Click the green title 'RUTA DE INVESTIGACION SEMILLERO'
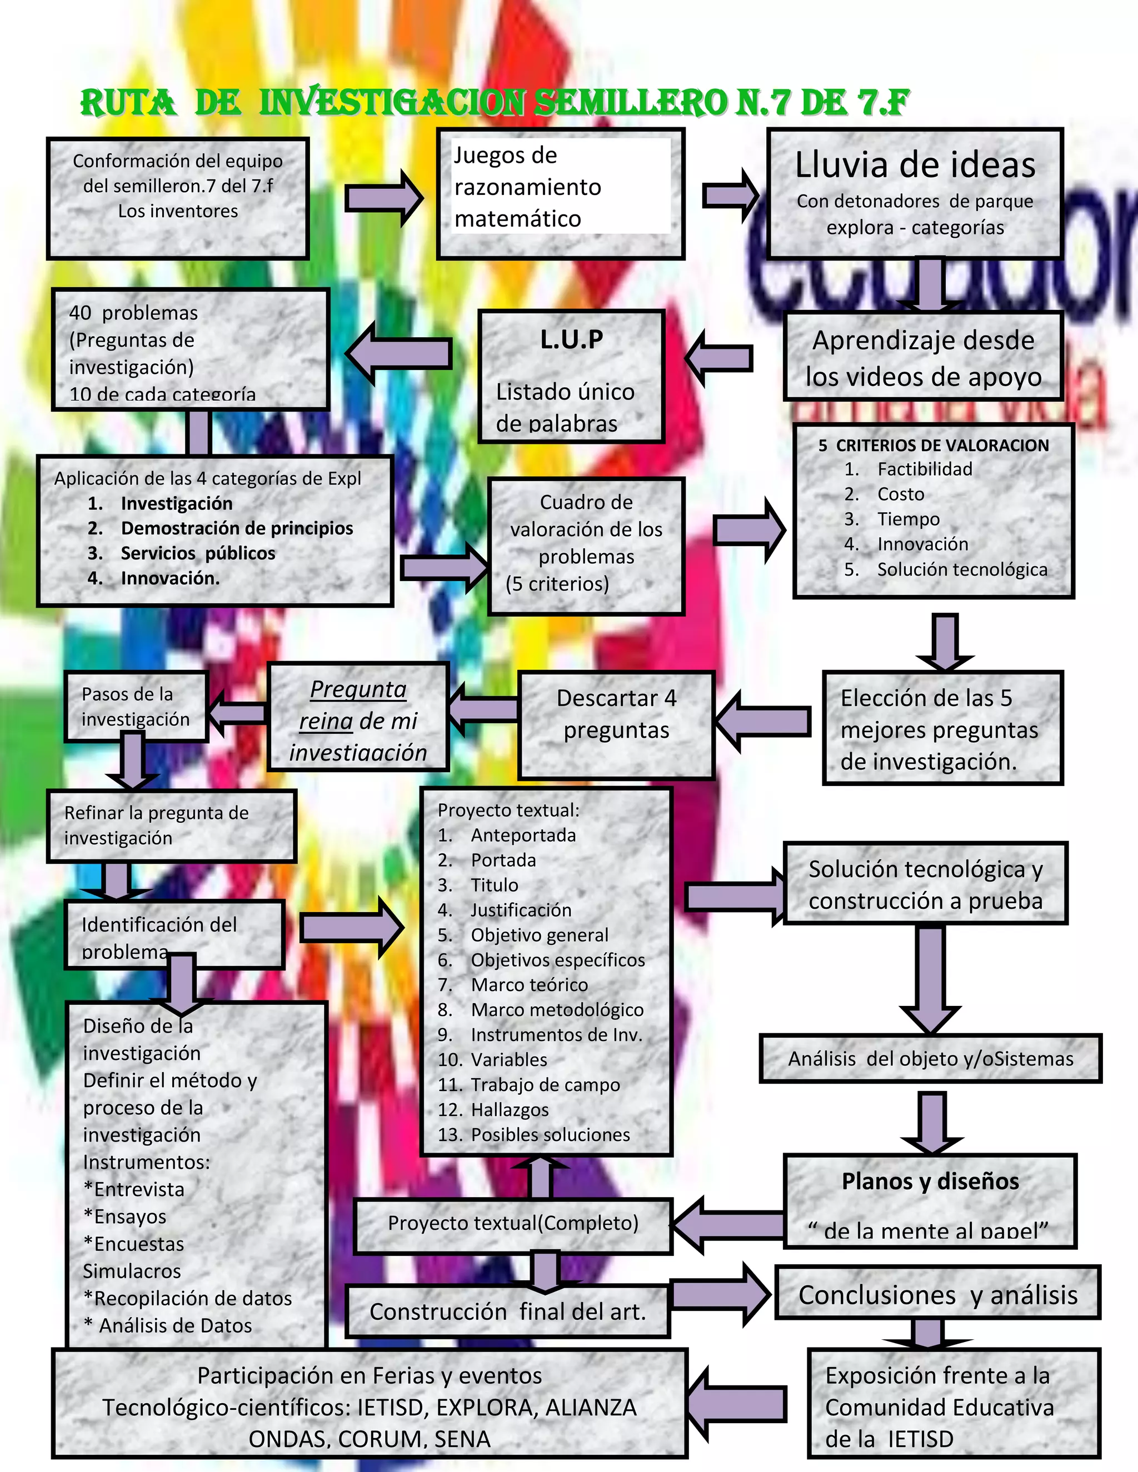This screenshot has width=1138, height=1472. (494, 103)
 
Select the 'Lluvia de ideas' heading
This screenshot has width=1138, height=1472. (915, 165)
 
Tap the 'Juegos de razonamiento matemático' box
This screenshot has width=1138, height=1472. (560, 193)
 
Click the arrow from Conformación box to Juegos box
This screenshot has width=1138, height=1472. (383, 198)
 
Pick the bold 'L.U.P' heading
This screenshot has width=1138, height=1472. (572, 339)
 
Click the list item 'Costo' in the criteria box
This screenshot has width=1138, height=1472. (901, 494)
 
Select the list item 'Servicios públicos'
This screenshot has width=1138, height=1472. (197, 553)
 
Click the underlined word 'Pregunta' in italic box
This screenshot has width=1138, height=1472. (358, 689)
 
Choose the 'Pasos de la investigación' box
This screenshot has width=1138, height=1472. (136, 707)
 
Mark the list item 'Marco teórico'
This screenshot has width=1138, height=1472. (529, 985)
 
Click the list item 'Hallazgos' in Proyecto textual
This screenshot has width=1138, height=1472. (510, 1109)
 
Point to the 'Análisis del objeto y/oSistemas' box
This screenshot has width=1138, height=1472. (930, 1059)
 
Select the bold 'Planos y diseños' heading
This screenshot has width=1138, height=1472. (930, 1181)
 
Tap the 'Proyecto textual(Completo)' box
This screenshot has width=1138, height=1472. (513, 1223)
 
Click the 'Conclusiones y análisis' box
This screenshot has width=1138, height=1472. (938, 1295)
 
